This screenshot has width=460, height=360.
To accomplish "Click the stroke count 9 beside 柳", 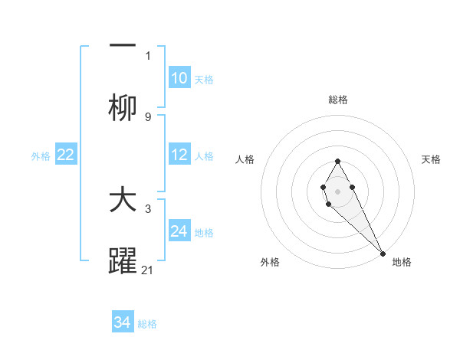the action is [x=148, y=116].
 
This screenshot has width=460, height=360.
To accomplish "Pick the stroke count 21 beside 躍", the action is [x=148, y=270].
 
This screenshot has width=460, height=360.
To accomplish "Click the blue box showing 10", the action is [x=179, y=78].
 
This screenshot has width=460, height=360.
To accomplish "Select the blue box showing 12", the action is [x=179, y=155].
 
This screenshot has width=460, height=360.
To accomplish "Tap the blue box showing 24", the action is [x=179, y=231].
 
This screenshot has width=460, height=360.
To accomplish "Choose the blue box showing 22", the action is [x=66, y=155].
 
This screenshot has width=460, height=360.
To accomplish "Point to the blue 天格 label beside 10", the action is [x=204, y=80].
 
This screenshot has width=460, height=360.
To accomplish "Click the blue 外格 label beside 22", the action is [x=41, y=156].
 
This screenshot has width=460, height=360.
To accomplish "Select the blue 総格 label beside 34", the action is [x=147, y=324].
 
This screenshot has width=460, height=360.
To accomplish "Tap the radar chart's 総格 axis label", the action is [x=337, y=100].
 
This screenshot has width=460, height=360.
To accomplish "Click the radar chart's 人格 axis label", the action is [x=245, y=159].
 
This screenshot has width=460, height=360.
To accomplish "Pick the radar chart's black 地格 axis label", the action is [x=402, y=263].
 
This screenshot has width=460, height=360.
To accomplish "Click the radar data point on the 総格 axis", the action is [x=337, y=161].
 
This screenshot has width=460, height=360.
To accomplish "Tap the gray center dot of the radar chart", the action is [x=337, y=190].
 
